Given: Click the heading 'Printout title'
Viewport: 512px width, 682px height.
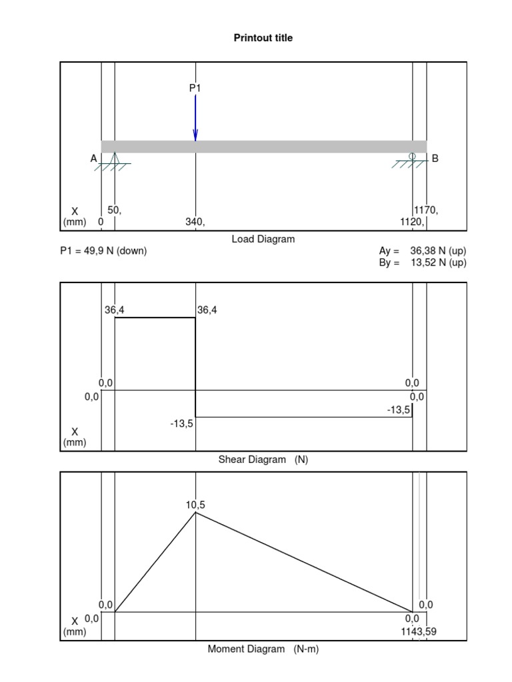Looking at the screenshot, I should [263, 38].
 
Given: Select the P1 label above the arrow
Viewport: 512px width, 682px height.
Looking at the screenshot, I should [195, 87].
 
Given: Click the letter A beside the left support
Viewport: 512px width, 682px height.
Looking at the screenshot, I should [93, 159].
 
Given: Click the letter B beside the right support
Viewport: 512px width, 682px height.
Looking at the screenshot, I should [435, 159].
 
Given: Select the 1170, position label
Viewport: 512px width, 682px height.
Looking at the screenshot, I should [427, 210].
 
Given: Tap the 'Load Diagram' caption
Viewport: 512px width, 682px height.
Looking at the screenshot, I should [263, 239].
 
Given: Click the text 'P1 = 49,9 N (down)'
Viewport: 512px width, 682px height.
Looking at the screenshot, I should [103, 251].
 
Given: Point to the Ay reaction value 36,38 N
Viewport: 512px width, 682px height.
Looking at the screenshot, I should [438, 251].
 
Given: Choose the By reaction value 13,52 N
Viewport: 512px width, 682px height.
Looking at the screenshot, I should [438, 262].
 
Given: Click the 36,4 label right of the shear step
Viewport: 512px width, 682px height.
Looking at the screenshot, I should [207, 309].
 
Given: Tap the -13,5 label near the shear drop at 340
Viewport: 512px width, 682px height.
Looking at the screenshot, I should [181, 423].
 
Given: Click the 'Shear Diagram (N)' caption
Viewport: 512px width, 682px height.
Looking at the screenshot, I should [263, 460].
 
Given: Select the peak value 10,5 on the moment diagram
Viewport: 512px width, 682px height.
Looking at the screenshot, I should [195, 505].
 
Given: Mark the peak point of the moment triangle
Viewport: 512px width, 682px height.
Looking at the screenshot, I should [195, 512].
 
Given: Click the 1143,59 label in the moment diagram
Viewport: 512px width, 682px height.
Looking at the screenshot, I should [419, 631].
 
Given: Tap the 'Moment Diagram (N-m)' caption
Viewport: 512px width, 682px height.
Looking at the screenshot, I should [263, 649].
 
